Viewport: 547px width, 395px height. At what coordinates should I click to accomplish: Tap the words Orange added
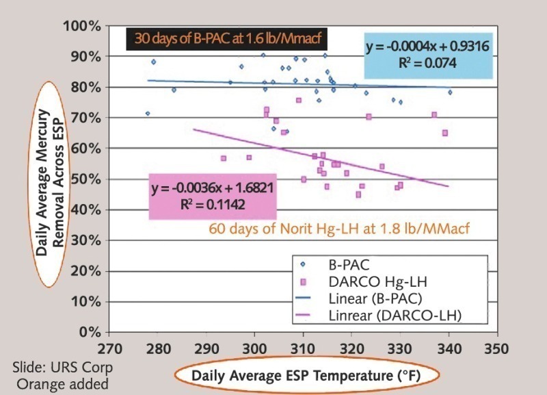click(x=62, y=383)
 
